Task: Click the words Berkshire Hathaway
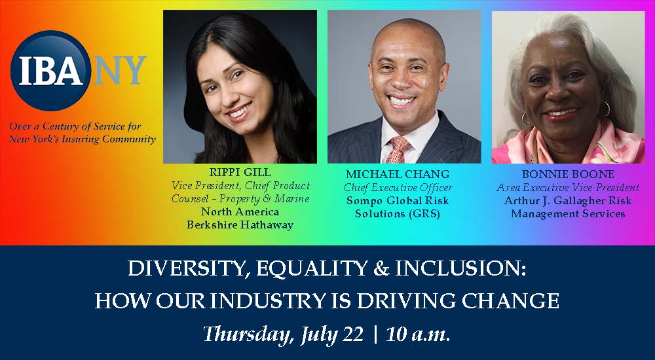point(240,224)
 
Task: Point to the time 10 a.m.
point(418,334)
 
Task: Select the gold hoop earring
point(527,119)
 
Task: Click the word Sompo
point(364,201)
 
